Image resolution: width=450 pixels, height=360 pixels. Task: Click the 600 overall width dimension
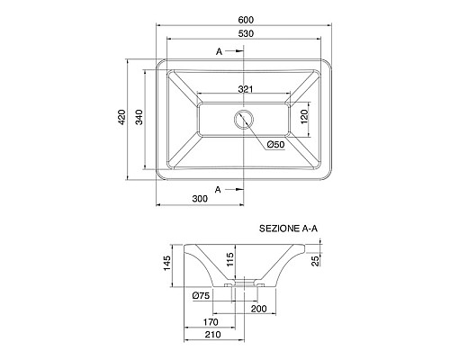click(x=246, y=20)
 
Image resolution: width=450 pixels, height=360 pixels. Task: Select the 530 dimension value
click(x=246, y=33)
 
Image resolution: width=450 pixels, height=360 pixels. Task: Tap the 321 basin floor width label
click(x=246, y=89)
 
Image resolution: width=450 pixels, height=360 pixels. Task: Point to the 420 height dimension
click(x=121, y=117)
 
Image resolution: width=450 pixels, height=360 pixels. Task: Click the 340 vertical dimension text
click(x=139, y=117)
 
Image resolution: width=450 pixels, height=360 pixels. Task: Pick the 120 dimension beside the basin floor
click(x=304, y=117)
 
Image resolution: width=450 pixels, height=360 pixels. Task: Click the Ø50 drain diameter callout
click(x=275, y=145)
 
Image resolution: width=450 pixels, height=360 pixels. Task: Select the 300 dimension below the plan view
click(x=200, y=199)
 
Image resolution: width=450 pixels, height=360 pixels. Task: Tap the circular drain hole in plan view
click(x=244, y=119)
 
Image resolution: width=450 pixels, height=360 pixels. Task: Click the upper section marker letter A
click(x=219, y=51)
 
